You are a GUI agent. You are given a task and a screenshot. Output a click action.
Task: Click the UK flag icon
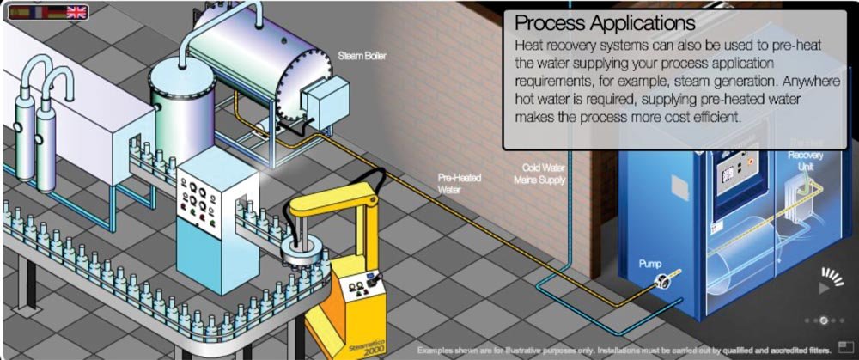pyautogui.click(x=76, y=11)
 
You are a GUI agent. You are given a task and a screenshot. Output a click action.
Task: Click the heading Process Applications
pyautogui.click(x=605, y=22)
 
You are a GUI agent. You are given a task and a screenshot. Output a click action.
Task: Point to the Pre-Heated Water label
pyautogui.click(x=460, y=183)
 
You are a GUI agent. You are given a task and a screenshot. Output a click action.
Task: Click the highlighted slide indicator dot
pyautogui.click(x=823, y=320)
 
